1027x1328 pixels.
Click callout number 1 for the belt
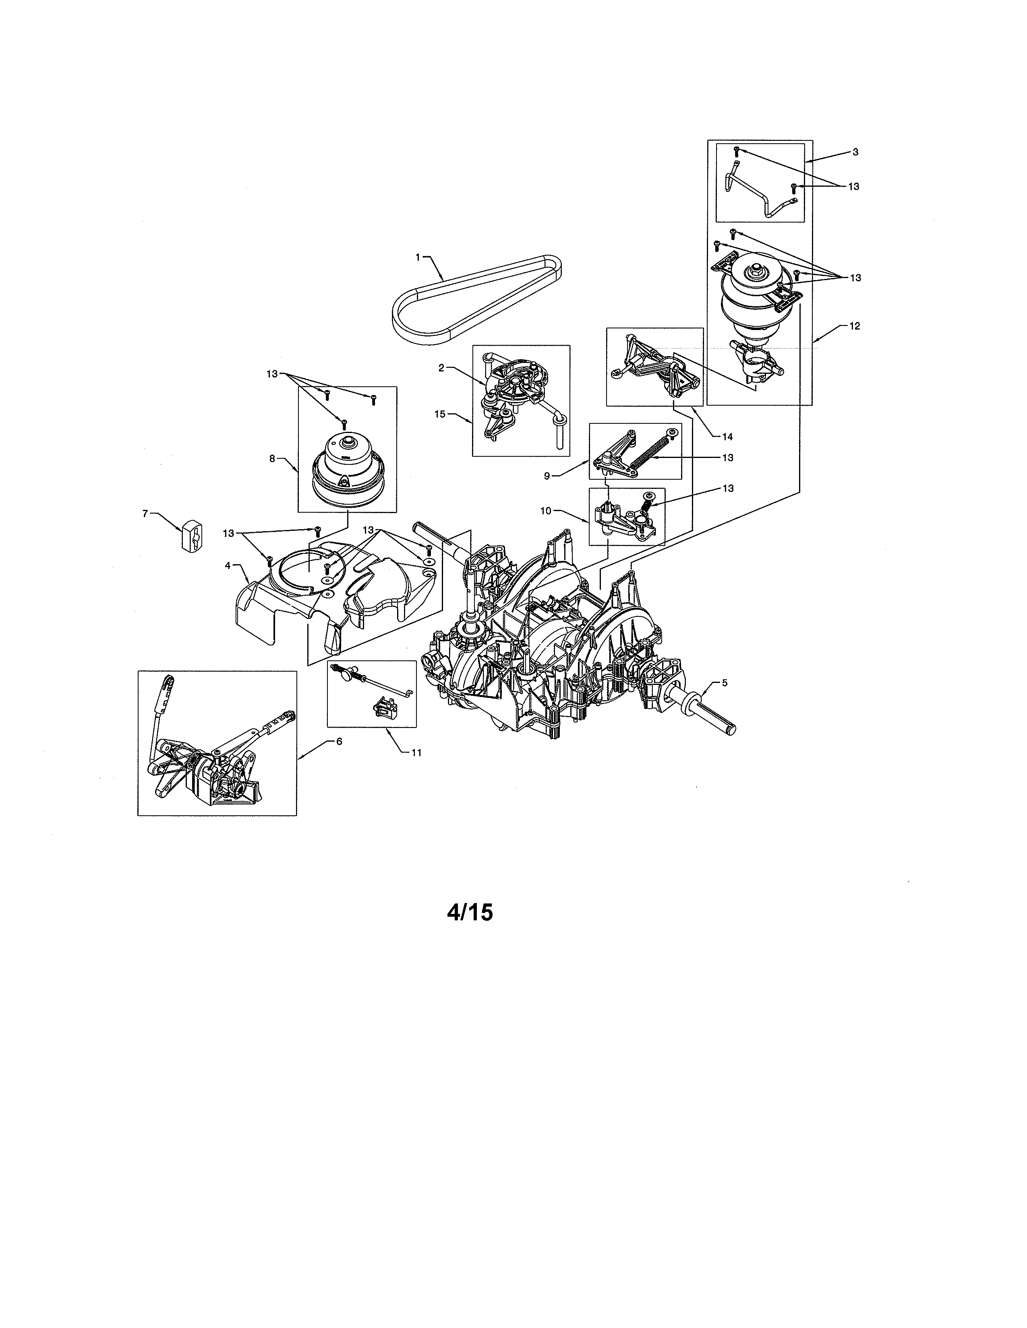point(417,257)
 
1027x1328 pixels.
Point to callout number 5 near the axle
point(724,682)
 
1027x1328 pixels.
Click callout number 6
point(339,741)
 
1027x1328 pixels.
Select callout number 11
point(416,752)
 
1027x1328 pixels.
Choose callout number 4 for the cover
point(228,565)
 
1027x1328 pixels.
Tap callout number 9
point(547,476)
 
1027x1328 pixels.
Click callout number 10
point(546,511)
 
